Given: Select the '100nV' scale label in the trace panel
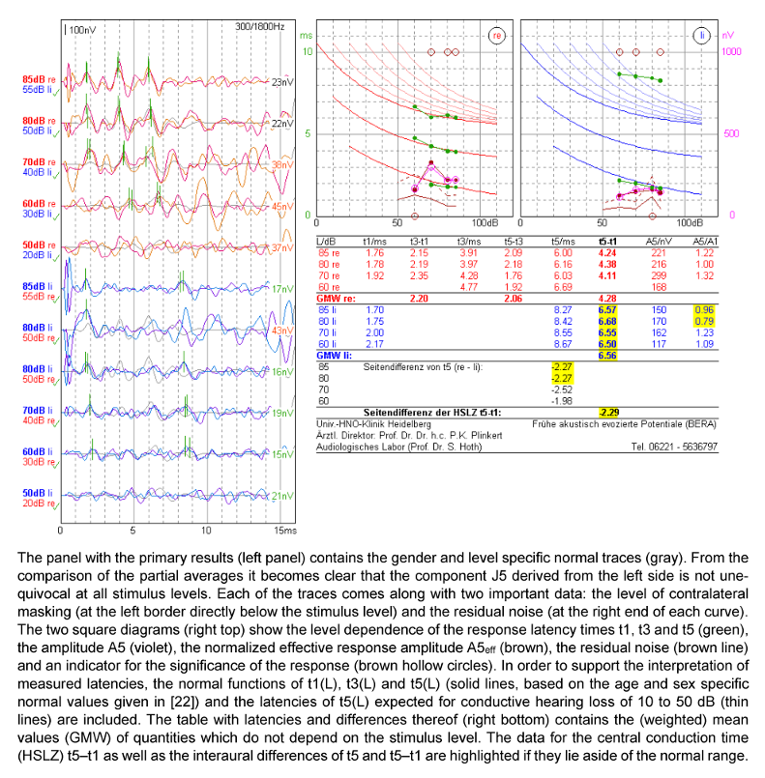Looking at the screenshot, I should point(82,30).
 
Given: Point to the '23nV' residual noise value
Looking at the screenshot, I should point(281,83).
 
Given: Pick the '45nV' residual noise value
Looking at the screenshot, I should point(281,206).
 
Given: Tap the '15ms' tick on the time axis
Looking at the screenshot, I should point(279,531).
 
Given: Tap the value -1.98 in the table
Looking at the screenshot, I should point(561,400).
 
